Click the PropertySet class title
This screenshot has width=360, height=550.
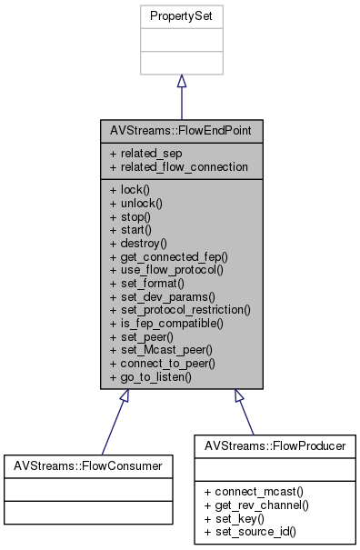[181, 16]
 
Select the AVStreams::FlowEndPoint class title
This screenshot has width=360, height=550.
[180, 131]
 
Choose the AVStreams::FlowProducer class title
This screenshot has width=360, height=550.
[275, 446]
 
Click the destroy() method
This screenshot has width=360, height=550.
[138, 244]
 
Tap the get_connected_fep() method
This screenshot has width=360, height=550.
[167, 257]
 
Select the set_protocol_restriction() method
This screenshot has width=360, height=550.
[179, 309]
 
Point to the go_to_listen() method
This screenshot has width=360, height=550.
[151, 375]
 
